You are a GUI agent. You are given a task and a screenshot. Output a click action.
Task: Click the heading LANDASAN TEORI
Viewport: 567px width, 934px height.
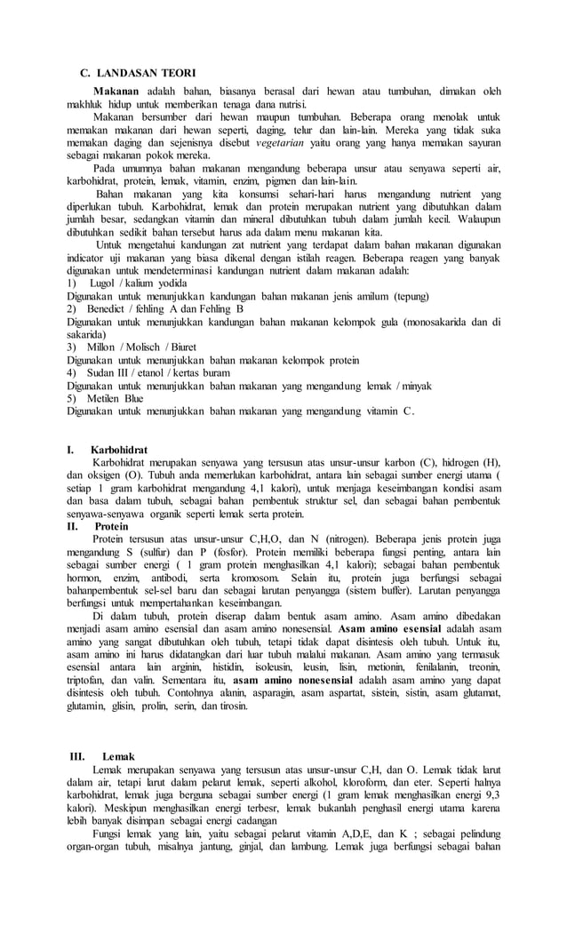coord(146,71)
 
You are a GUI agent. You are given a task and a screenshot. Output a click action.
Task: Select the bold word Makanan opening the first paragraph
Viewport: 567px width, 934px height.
coord(121,91)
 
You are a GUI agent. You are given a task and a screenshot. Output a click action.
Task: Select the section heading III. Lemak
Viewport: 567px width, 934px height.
coord(104,755)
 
